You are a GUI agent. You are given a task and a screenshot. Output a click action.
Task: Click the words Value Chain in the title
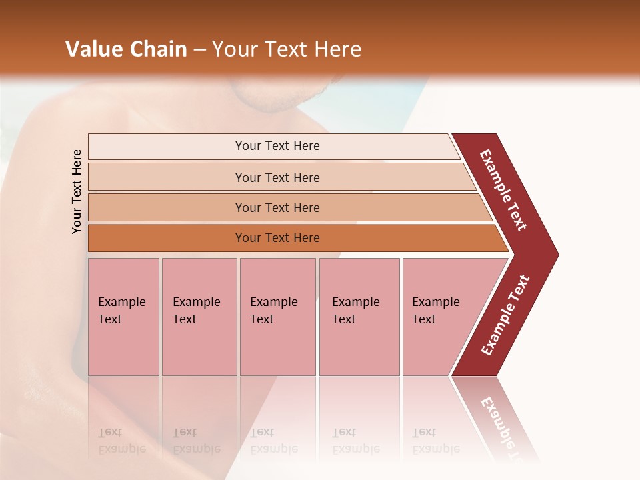click(x=126, y=49)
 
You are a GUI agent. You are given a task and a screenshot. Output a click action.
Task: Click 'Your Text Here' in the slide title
click(x=287, y=49)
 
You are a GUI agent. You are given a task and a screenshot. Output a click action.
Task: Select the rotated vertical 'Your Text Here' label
click(x=77, y=191)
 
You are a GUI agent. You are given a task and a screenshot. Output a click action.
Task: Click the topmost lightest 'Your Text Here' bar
click(x=277, y=146)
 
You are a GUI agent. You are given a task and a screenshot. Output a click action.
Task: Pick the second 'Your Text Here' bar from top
click(x=277, y=177)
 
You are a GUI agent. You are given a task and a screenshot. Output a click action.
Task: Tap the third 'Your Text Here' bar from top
click(x=277, y=207)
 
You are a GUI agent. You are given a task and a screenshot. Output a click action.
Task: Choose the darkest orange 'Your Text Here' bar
click(x=277, y=238)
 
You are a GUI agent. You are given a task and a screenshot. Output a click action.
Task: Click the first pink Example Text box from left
click(x=123, y=316)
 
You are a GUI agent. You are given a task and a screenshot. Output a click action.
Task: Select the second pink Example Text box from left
click(x=199, y=316)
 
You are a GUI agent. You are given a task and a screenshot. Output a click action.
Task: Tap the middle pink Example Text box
click(x=277, y=316)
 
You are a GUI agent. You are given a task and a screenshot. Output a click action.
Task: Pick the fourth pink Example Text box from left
click(x=359, y=316)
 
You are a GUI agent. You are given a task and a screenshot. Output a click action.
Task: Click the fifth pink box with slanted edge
click(x=440, y=316)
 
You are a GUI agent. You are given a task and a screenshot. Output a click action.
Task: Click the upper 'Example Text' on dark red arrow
click(x=503, y=191)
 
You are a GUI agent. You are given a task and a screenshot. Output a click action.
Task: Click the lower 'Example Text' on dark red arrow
click(x=505, y=315)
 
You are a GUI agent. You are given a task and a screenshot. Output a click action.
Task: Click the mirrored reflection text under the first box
click(x=121, y=441)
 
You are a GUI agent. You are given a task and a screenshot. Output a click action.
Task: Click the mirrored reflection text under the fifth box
click(x=435, y=441)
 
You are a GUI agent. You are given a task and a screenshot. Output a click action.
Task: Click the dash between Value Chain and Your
click(x=199, y=50)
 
